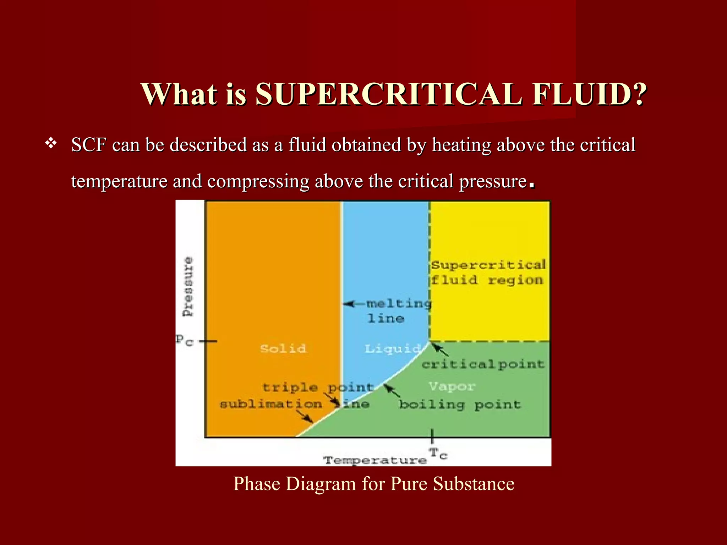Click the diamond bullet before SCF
pyautogui.click(x=51, y=144)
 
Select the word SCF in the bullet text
pyautogui.click(x=89, y=145)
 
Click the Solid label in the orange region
pyautogui.click(x=283, y=348)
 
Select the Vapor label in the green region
pyautogui.click(x=451, y=386)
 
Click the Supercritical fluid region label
pyautogui.click(x=488, y=272)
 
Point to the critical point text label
pyautogui.click(x=483, y=364)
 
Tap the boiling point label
pyautogui.click(x=460, y=404)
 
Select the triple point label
pyautogui.click(x=318, y=387)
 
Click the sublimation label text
pyautogui.click(x=271, y=404)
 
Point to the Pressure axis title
pyautogui.click(x=188, y=287)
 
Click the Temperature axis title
pyautogui.click(x=375, y=461)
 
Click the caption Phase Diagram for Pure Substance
pyautogui.click(x=373, y=484)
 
